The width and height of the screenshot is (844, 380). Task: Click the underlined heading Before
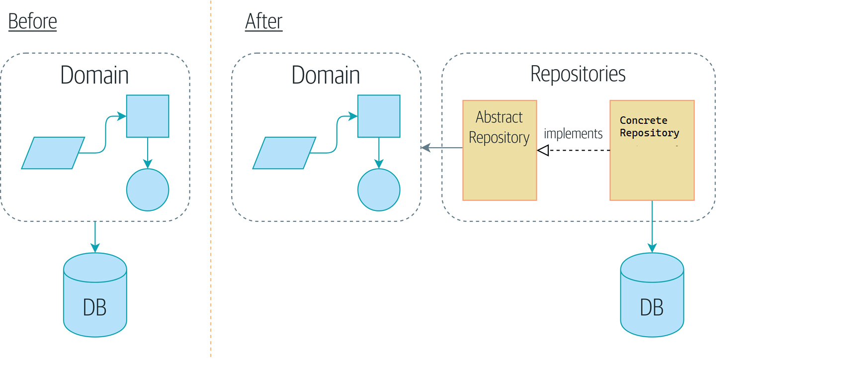32,21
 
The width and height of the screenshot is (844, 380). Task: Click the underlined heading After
263,21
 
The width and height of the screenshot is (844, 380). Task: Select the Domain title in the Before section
94,75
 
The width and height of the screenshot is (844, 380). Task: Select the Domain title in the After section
326,75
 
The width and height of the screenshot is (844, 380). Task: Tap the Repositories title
578,74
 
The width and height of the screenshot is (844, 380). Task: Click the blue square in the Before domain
148,116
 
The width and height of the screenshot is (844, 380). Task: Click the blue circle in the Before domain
148,190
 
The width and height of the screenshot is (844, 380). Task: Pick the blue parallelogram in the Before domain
53,153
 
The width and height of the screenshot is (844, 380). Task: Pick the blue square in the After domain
379,116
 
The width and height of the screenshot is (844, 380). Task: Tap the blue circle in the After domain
379,190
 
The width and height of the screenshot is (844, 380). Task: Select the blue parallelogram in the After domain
284,153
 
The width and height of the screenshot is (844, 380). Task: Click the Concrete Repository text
649,127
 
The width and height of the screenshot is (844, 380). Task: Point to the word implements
573,133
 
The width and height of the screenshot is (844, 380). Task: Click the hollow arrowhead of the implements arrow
543,150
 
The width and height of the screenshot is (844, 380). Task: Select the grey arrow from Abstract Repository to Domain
442,148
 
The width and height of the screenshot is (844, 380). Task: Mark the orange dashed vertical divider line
211,199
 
